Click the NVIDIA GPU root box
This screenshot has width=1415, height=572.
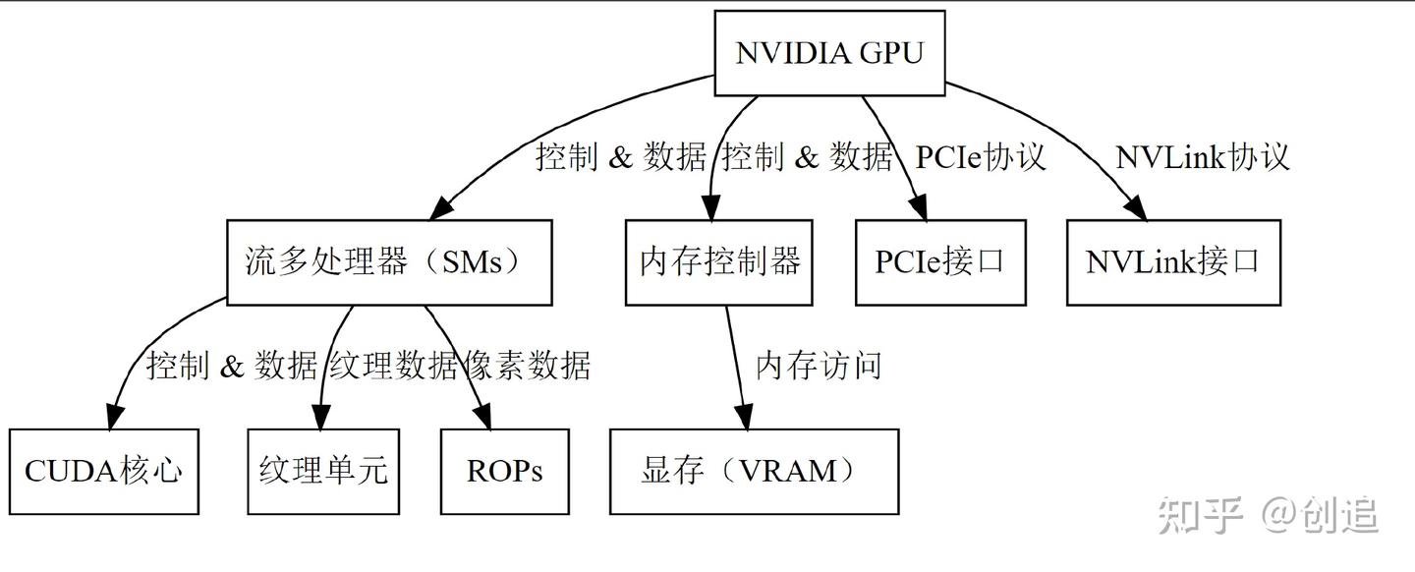[829, 53]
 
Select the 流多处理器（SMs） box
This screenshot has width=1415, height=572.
[389, 262]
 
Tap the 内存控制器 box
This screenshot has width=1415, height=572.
[719, 262]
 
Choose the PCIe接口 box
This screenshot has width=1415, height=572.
[939, 262]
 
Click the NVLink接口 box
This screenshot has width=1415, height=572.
[1173, 262]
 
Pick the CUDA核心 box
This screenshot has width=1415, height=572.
[103, 472]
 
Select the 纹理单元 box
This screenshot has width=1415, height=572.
[323, 472]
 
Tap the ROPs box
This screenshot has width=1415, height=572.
[504, 472]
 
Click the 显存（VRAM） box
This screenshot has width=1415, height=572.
[754, 472]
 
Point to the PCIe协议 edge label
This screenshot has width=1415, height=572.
[980, 157]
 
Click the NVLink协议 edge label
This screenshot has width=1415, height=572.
[1202, 157]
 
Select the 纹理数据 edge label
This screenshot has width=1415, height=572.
[394, 366]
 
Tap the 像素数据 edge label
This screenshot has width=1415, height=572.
[527, 366]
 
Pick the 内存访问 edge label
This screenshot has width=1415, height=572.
[818, 366]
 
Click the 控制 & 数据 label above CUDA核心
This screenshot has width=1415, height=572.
[232, 366]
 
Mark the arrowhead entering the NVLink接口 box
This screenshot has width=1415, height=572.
[1137, 208]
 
